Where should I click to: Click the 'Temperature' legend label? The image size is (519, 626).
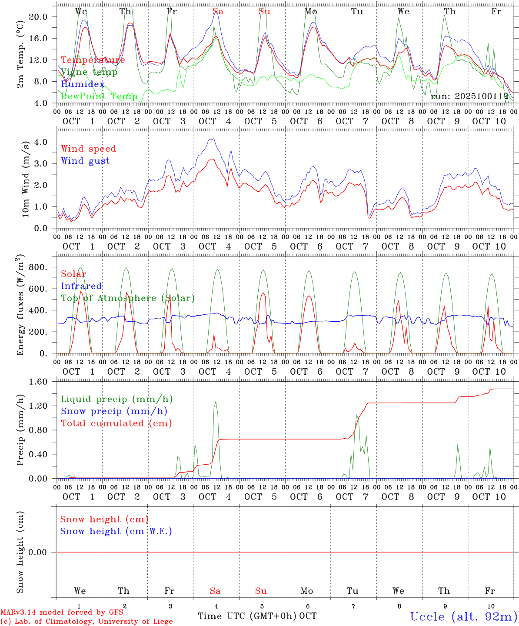pyautogui.click(x=93, y=60)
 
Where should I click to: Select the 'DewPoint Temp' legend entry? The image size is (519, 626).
pyautogui.click(x=99, y=96)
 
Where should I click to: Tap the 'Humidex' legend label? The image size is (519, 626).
pyautogui.click(x=83, y=84)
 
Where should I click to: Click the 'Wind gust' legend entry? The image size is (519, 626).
pyautogui.click(x=85, y=161)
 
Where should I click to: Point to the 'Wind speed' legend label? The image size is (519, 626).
pyautogui.click(x=89, y=149)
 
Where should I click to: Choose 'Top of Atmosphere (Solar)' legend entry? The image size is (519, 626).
pyautogui.click(x=128, y=298)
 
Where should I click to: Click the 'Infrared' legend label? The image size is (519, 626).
pyautogui.click(x=81, y=286)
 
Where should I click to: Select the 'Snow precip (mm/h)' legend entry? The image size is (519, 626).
pyautogui.click(x=114, y=411)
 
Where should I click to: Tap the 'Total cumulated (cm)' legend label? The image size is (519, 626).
pyautogui.click(x=116, y=423)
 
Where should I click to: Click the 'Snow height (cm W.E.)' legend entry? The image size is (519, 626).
pyautogui.click(x=116, y=531)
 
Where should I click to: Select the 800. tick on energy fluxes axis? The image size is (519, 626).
pyautogui.click(x=37, y=267)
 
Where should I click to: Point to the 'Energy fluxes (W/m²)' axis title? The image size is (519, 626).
pyautogui.click(x=20, y=306)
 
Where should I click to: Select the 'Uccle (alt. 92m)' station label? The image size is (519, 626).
pyautogui.click(x=463, y=616)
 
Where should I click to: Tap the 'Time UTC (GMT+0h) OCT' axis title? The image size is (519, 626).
pyautogui.click(x=257, y=616)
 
